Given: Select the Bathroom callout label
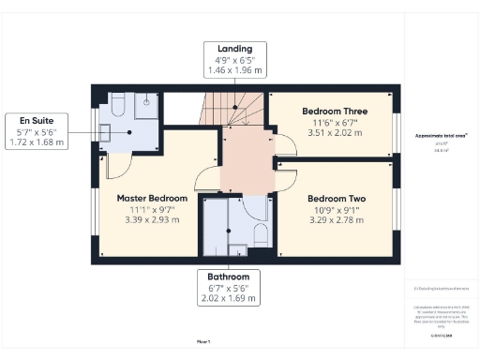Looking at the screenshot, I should coord(229,288).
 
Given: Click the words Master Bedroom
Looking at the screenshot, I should coord(152,199).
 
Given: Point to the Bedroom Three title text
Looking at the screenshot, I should coord(334,111).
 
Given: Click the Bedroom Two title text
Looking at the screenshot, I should coord(335,199).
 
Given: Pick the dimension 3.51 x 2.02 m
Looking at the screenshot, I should coord(334,132).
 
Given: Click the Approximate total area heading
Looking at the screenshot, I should coord(442,136).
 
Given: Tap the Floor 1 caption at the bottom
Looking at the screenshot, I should coord(202,341).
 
